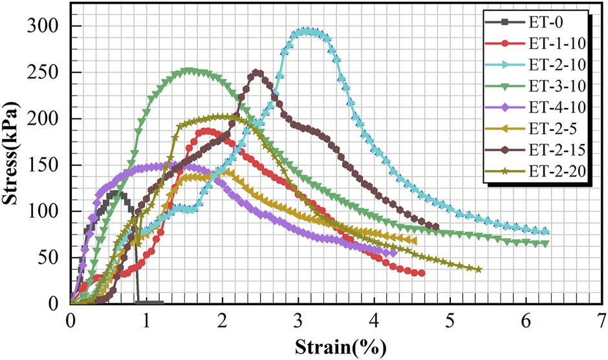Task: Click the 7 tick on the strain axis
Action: click(602, 320)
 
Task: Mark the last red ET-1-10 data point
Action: click(422, 273)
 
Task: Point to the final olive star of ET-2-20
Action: click(479, 270)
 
